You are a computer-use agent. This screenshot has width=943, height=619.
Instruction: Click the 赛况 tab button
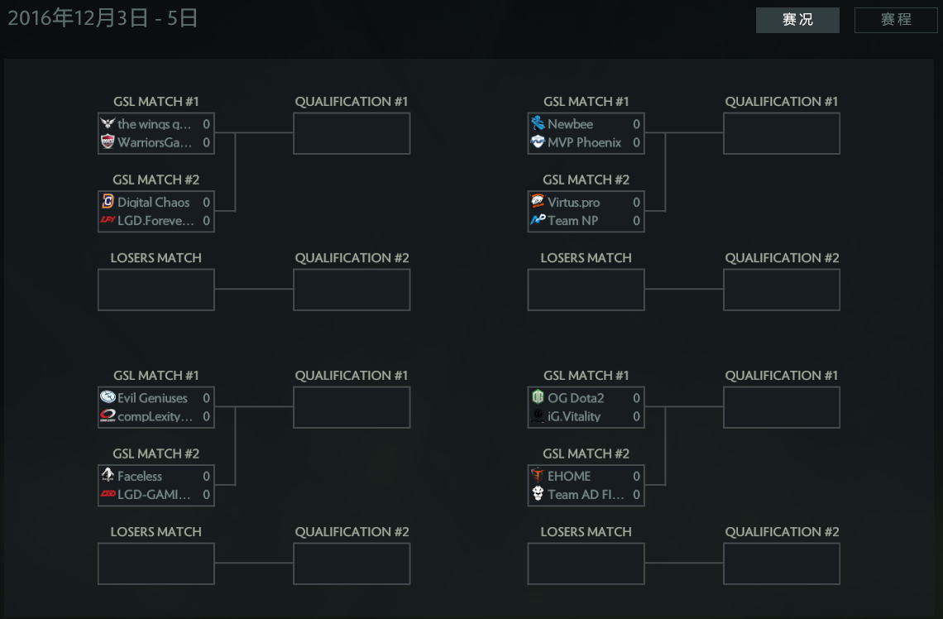coord(797,20)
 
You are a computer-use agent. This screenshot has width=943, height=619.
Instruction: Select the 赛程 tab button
coord(896,20)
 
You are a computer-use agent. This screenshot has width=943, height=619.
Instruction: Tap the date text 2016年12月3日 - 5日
coord(103,18)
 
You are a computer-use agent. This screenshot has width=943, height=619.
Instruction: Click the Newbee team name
coord(570,124)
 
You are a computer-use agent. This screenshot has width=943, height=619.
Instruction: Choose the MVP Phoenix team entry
coord(584,142)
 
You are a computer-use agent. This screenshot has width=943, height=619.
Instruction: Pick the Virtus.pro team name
coord(573,202)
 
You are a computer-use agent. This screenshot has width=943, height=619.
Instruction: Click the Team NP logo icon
coord(538,220)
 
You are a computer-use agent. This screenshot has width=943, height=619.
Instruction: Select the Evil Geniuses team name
coord(152,398)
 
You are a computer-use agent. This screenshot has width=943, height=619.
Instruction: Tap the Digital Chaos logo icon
coord(108,202)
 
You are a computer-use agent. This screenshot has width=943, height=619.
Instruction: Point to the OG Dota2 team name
coord(576,398)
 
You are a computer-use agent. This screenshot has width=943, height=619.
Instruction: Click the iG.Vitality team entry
coord(574,416)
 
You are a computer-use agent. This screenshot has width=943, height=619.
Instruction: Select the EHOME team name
coord(569,476)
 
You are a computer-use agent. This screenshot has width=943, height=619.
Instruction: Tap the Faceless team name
coord(140,476)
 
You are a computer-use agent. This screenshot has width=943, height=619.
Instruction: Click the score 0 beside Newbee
coord(636,124)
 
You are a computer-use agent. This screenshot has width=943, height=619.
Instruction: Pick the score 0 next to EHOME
coord(636,476)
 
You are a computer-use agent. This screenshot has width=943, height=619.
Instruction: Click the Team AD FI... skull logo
coord(538,494)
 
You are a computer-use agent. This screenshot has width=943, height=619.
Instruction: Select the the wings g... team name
coord(155,124)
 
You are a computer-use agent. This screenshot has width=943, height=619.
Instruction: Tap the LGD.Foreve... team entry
coord(156,220)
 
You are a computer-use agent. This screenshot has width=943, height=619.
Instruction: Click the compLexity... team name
coord(155,416)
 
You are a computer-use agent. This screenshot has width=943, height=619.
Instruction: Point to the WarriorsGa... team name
coord(155,142)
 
